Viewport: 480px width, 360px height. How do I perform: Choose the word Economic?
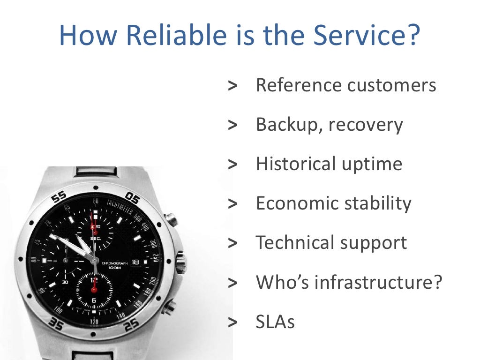point(297,203)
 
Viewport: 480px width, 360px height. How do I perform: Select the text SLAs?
point(275,322)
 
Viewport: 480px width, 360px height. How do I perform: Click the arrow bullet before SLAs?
point(232,322)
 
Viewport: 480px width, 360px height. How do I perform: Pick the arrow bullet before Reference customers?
point(232,85)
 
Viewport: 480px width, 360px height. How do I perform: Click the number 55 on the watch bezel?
point(59,197)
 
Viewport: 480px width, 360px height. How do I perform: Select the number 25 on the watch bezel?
point(132,323)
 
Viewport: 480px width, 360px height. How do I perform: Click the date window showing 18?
point(136,262)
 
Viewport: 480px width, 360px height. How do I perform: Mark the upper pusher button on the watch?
point(172,219)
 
